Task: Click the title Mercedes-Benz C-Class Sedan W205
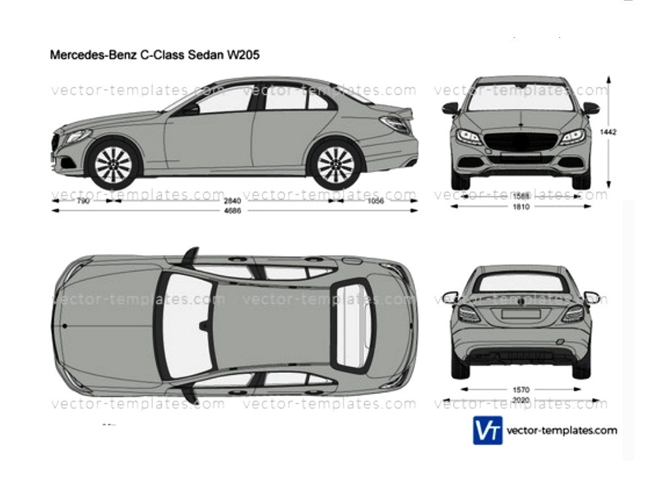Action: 154,56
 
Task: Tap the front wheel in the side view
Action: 113,163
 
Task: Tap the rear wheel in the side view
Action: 335,163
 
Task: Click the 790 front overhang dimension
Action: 82,201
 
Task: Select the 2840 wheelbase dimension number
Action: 232,201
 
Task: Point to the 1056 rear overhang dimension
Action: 375,201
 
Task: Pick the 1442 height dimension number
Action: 608,132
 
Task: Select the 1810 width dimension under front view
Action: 520,206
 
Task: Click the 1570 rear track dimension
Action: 520,389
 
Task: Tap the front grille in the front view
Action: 520,141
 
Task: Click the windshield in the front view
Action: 520,98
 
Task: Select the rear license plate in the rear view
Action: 520,314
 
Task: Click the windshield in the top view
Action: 188,325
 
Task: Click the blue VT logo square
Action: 487,431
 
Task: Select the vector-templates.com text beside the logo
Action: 562,431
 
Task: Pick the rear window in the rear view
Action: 520,283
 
